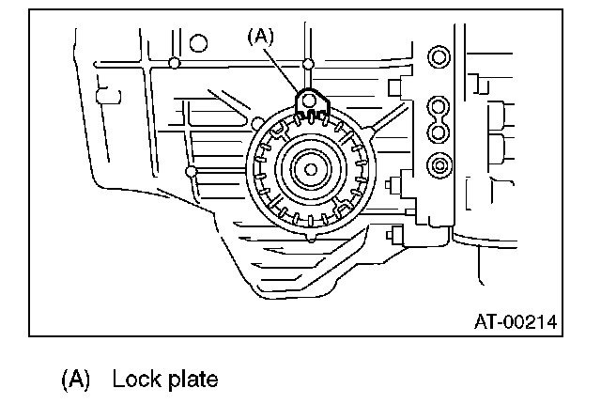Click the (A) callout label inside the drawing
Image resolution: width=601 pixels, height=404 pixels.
click(259, 37)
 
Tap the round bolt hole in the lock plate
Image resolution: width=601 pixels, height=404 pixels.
click(307, 99)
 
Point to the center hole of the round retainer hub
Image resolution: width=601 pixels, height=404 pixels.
click(309, 170)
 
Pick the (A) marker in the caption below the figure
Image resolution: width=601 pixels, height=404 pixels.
click(75, 380)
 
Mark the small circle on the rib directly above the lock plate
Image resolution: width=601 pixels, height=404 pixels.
click(308, 64)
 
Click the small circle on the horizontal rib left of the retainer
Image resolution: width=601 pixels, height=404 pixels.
click(191, 172)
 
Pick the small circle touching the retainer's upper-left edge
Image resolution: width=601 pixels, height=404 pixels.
click(257, 122)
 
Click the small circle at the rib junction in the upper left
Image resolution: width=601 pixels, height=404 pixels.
click(175, 63)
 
